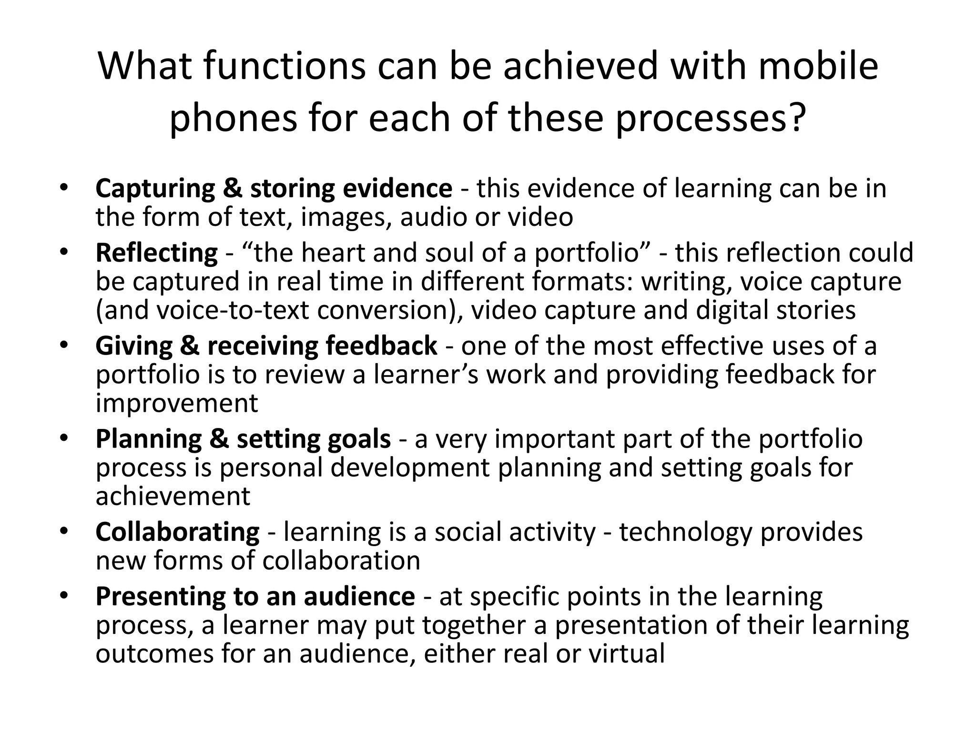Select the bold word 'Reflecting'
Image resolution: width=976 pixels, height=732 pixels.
(156, 253)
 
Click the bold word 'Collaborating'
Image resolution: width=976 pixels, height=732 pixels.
(177, 532)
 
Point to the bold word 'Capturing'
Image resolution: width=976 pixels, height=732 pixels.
(155, 189)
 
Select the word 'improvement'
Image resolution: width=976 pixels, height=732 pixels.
(176, 403)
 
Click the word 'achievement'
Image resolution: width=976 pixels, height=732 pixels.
(173, 496)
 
